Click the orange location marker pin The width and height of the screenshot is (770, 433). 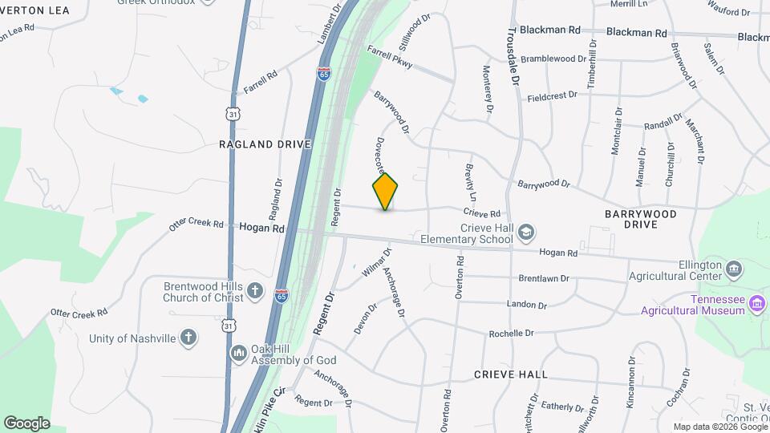pyautogui.click(x=385, y=191)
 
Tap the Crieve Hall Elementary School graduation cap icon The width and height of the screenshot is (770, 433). pyautogui.click(x=525, y=232)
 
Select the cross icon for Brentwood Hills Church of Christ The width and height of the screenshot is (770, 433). pyautogui.click(x=255, y=290)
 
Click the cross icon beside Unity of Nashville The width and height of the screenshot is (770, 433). pyautogui.click(x=188, y=338)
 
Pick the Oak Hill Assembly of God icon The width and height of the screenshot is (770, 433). pyautogui.click(x=238, y=353)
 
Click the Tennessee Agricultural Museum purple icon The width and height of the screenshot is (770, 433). pyautogui.click(x=757, y=302)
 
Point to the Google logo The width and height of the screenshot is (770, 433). pyautogui.click(x=26, y=423)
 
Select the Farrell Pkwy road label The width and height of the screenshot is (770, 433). pyautogui.click(x=390, y=59)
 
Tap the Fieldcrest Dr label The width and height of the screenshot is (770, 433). pyautogui.click(x=552, y=95)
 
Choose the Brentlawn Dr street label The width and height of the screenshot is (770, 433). pyautogui.click(x=543, y=279)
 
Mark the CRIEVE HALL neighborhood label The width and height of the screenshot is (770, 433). pyautogui.click(x=510, y=374)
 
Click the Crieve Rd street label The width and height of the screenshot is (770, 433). pyautogui.click(x=481, y=213)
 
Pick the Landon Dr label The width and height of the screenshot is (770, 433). pyautogui.click(x=526, y=305)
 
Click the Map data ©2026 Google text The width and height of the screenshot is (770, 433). pyautogui.click(x=719, y=427)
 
